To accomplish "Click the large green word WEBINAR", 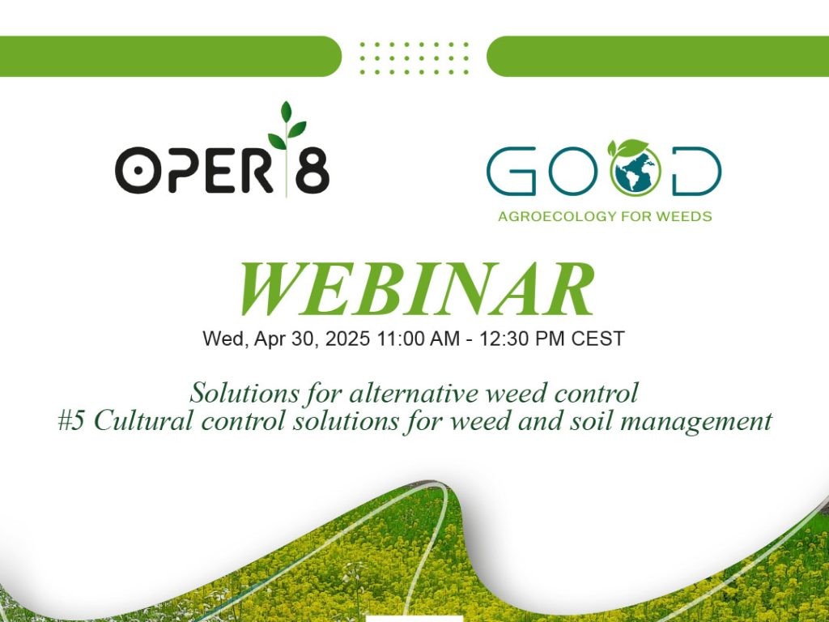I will pos(416,290).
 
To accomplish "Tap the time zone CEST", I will pos(598,339).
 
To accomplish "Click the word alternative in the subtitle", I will pos(406,394).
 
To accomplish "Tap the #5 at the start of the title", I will pos(72,421).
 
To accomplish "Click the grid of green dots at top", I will pos(414,58).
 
